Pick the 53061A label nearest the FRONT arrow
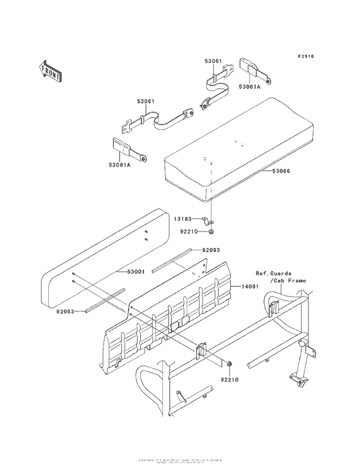(x=118, y=165)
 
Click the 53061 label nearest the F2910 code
(x=213, y=61)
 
